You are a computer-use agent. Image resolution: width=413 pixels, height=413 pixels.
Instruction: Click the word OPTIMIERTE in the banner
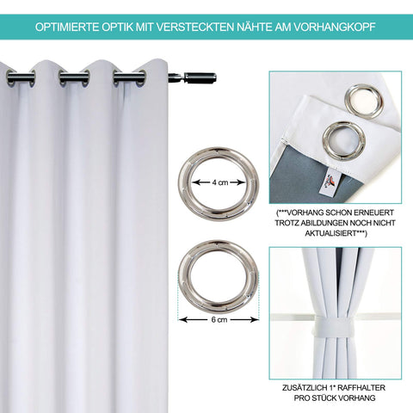67,27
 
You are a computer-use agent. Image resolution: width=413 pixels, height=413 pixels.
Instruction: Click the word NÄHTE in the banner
255,27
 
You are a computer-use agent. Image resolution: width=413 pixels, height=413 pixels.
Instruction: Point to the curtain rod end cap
200,77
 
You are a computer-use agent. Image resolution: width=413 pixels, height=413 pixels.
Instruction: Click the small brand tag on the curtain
328,182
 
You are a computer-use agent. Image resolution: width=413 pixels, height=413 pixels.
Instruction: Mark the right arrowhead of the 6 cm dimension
255,319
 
